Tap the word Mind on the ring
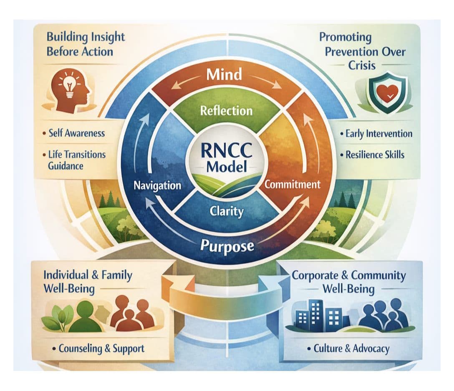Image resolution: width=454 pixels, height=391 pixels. click(224, 74)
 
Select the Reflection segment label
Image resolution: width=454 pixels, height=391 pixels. click(227, 111)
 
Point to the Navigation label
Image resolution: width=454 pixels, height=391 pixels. click(157, 185)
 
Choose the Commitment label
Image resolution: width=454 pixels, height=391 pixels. click(293, 184)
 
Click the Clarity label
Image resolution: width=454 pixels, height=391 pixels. click(227, 211)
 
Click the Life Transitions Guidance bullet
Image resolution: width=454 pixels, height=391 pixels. click(74, 160)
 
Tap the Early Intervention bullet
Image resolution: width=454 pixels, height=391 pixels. click(376, 134)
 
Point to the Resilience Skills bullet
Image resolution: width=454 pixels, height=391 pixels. click(372, 155)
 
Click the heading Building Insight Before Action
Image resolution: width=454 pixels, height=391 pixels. click(86, 44)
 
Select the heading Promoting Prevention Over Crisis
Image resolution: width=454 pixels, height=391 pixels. click(362, 51)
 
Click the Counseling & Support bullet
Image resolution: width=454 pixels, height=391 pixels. click(98, 348)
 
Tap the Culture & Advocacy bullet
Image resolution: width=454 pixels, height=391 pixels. click(348, 348)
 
